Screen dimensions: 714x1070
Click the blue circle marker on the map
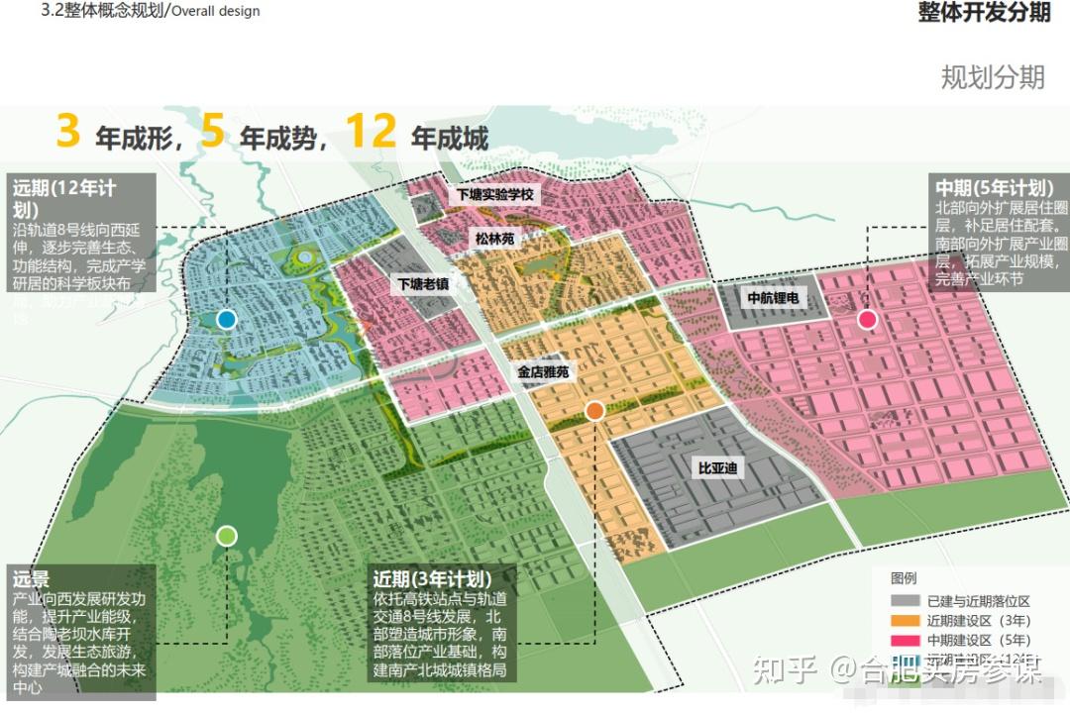pyautogui.click(x=226, y=319)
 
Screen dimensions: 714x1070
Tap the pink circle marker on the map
pyautogui.click(x=867, y=319)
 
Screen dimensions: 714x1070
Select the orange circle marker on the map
pyautogui.click(x=594, y=410)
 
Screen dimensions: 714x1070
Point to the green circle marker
pyautogui.click(x=226, y=536)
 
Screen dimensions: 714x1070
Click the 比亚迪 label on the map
pyautogui.click(x=717, y=467)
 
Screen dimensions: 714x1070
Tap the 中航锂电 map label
pyautogui.click(x=773, y=297)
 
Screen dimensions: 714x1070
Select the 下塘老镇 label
pyautogui.click(x=423, y=283)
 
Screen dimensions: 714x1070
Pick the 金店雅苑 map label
pyautogui.click(x=543, y=372)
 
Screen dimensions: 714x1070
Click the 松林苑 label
pyautogui.click(x=494, y=239)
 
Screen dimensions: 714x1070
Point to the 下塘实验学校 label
pyautogui.click(x=494, y=195)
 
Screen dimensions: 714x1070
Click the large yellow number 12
pyautogui.click(x=371, y=133)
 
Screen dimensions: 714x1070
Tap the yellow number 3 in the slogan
pyautogui.click(x=67, y=133)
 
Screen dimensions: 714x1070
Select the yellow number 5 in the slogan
pyautogui.click(x=213, y=133)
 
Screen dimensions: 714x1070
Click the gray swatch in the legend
pyautogui.click(x=906, y=601)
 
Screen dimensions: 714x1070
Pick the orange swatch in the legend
pyautogui.click(x=906, y=621)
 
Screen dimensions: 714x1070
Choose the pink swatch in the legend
pyautogui.click(x=906, y=641)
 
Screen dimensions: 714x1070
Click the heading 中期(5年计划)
pyautogui.click(x=992, y=187)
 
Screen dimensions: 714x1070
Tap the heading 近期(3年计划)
pyautogui.click(x=432, y=578)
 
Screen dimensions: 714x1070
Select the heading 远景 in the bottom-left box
pyautogui.click(x=31, y=578)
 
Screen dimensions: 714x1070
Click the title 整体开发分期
pyautogui.click(x=984, y=13)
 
